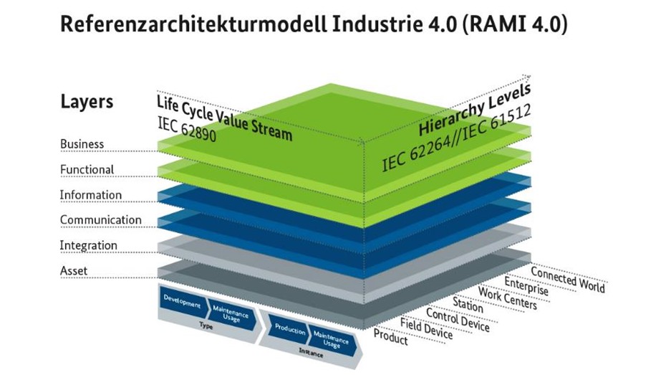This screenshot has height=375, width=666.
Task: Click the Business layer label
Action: (x=82, y=144)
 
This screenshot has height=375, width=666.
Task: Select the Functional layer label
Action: (x=87, y=170)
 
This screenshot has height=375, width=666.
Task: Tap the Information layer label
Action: (x=90, y=195)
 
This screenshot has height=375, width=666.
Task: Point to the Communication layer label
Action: (x=100, y=220)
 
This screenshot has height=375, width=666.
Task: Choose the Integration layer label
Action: (x=88, y=245)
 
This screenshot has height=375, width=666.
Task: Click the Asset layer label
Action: (x=74, y=271)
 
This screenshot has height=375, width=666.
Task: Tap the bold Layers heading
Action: (x=87, y=101)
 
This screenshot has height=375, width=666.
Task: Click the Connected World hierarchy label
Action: (x=567, y=279)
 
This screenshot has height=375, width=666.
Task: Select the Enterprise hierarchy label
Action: (x=526, y=285)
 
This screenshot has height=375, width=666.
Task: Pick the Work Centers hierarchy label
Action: (x=507, y=298)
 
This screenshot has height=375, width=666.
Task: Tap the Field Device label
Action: (x=426, y=328)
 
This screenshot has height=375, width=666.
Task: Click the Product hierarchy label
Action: (x=391, y=336)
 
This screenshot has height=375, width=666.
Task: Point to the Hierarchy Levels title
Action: (x=475, y=110)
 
